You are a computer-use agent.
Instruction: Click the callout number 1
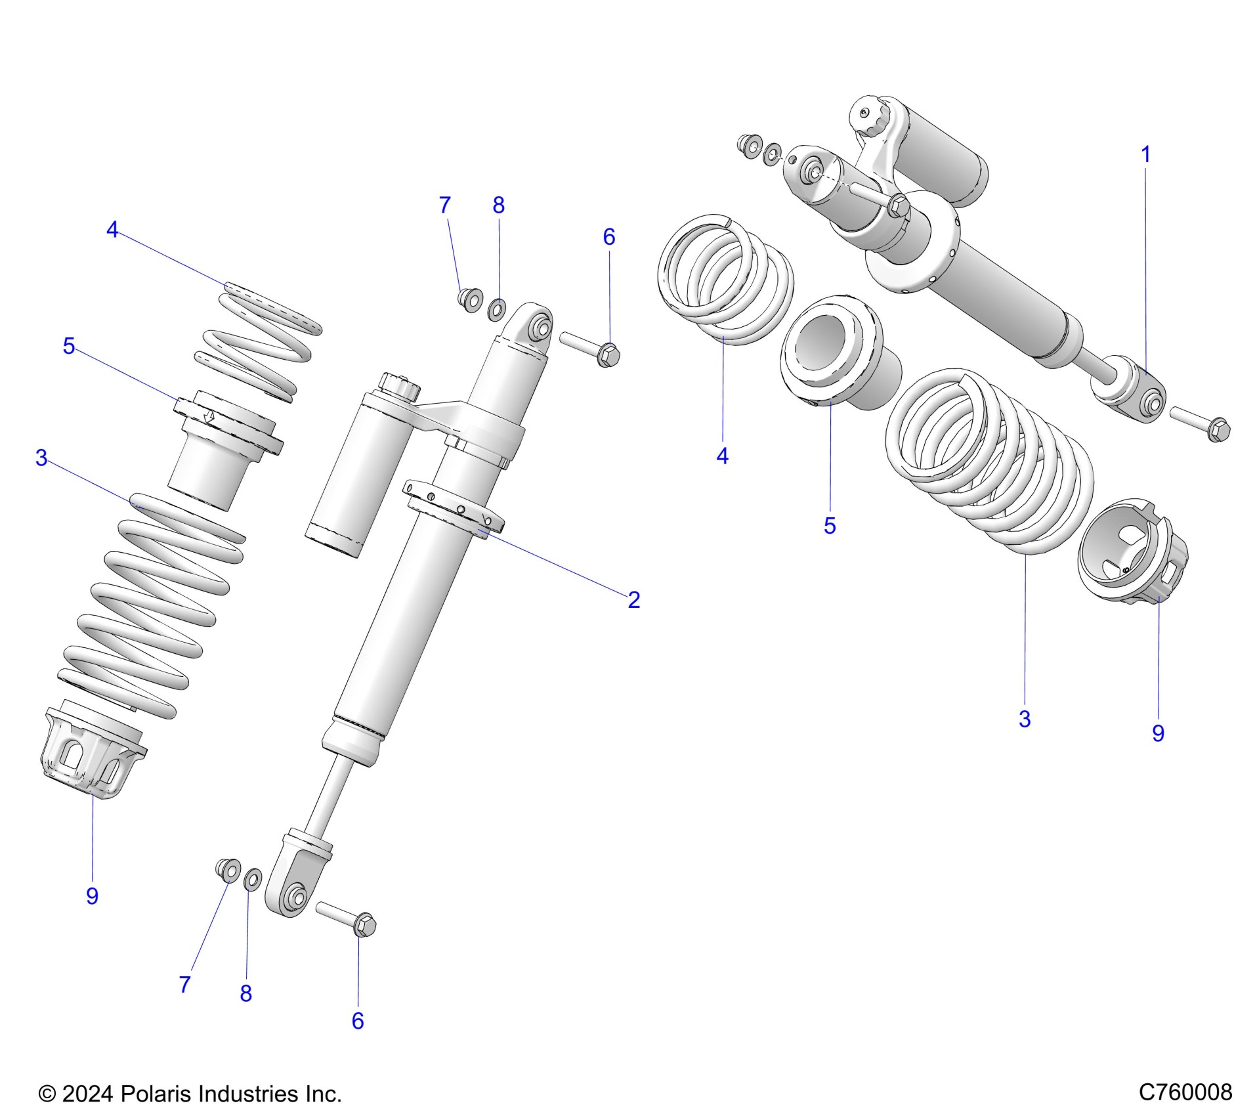(1145, 156)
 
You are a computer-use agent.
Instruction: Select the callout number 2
(633, 599)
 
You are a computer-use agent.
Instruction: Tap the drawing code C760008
(1185, 1092)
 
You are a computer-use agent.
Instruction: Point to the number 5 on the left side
(69, 346)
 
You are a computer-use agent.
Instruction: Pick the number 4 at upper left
(112, 230)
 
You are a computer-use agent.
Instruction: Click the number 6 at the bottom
(358, 1021)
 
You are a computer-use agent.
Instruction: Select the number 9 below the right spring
(1158, 733)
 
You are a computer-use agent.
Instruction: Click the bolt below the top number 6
(591, 347)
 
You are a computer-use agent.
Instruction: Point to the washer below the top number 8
(498, 309)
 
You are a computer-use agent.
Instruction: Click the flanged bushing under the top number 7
(469, 300)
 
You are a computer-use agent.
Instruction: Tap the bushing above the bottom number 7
(227, 870)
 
